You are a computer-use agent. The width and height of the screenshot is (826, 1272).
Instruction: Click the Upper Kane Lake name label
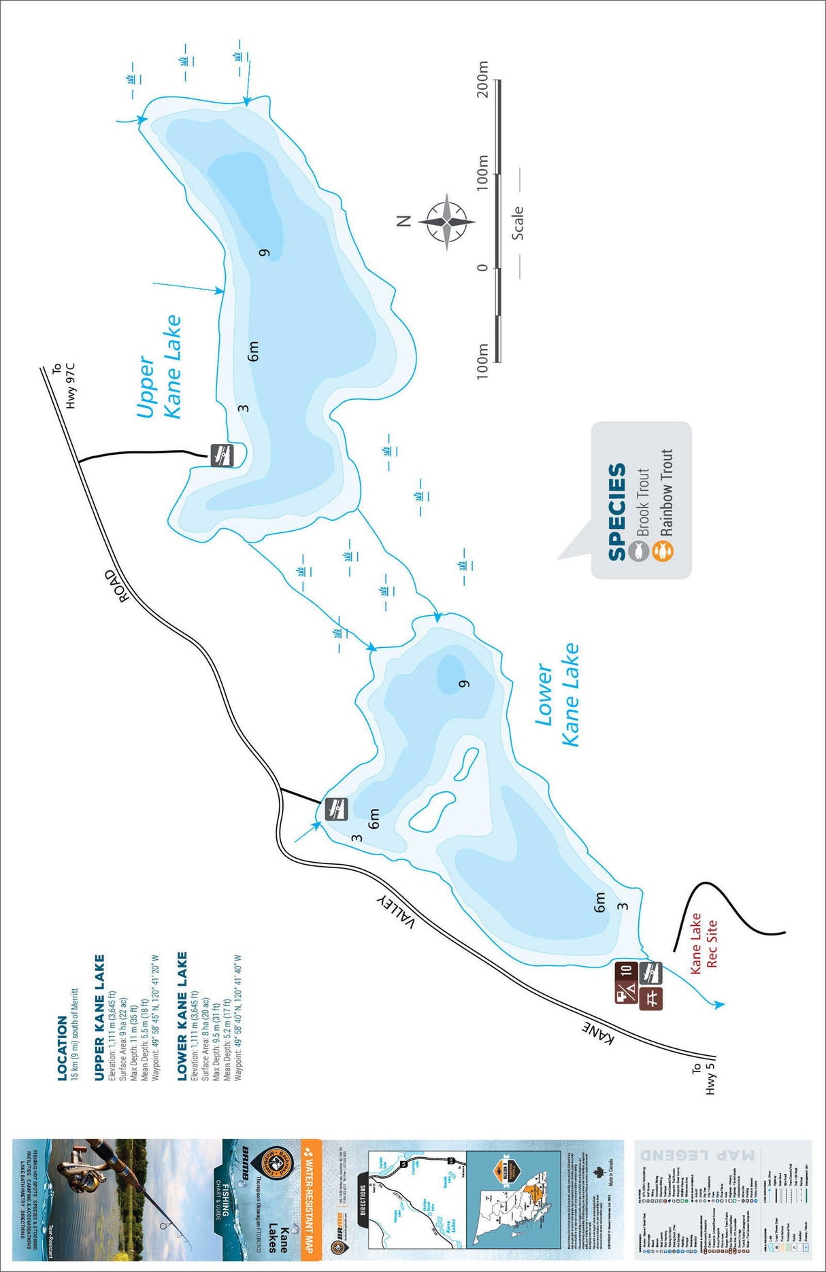click(160, 367)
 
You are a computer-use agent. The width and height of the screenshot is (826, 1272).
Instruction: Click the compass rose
click(446, 222)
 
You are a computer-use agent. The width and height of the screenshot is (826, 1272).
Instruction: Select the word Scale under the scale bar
click(518, 223)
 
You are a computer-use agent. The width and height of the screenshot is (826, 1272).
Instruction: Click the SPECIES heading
click(616, 512)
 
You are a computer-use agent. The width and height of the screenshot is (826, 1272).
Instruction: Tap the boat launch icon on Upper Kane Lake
click(222, 454)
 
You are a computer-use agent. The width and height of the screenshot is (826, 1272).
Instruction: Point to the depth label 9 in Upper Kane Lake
click(265, 253)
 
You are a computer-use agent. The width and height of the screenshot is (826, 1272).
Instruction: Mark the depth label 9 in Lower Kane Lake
click(465, 683)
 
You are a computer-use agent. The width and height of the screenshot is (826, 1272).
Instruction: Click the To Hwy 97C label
click(63, 386)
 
